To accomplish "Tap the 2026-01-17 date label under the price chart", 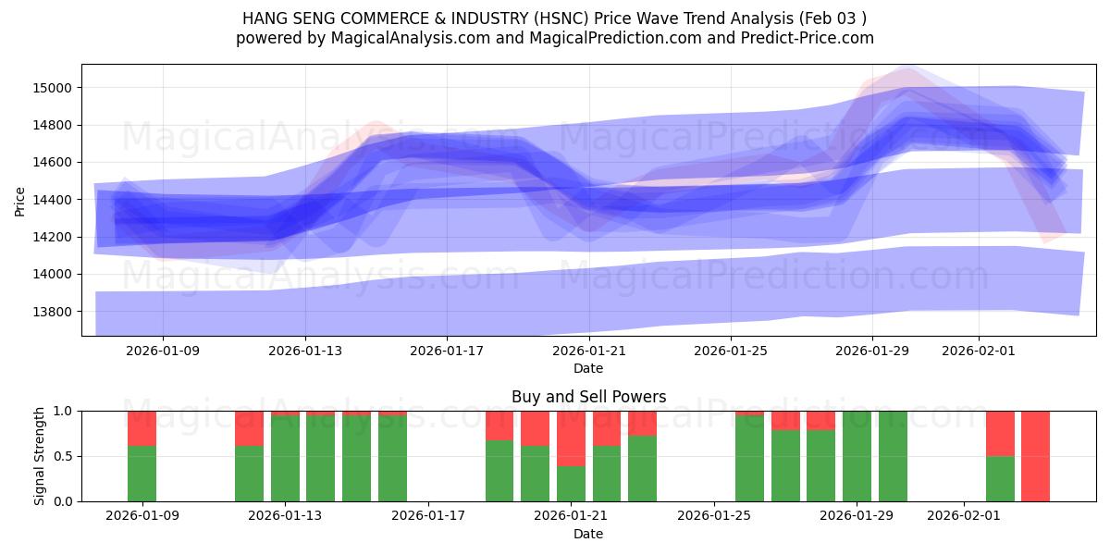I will pyautogui.click(x=447, y=351).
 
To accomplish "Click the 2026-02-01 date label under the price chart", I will pyautogui.click(x=979, y=351).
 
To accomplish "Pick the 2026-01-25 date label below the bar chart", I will pyautogui.click(x=714, y=516).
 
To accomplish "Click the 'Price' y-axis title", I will pyautogui.click(x=20, y=200).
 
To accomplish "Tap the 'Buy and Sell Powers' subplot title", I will pyautogui.click(x=588, y=397).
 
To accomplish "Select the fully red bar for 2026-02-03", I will pyautogui.click(x=1035, y=456).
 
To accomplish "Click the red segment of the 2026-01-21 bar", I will pyautogui.click(x=571, y=438).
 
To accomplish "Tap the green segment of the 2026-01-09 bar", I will pyautogui.click(x=142, y=474).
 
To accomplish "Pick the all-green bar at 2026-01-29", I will pyautogui.click(x=857, y=456).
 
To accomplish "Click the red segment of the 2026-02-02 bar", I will pyautogui.click(x=1000, y=433).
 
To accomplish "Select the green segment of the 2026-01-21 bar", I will pyautogui.click(x=571, y=484).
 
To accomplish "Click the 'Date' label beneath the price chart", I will pyautogui.click(x=588, y=368).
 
